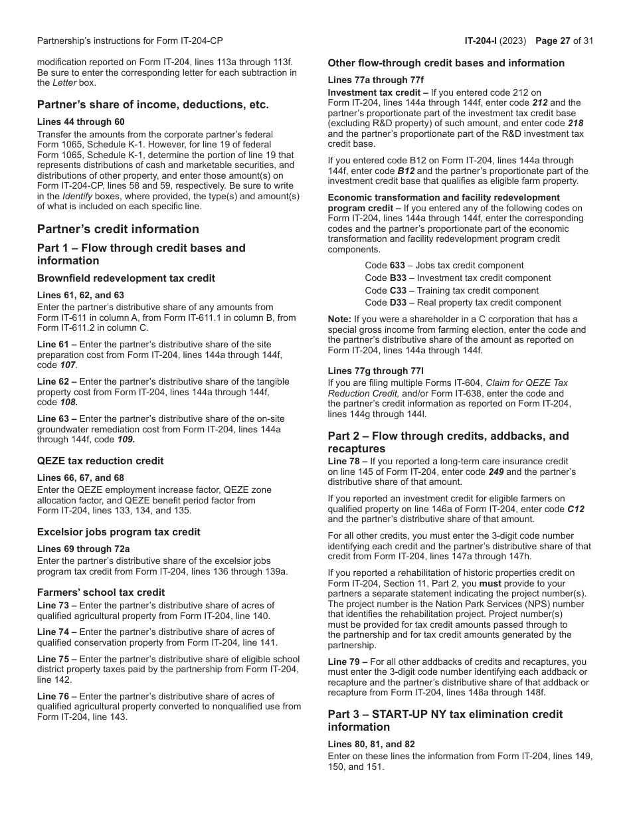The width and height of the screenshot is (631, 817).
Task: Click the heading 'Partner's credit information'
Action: pos(118,229)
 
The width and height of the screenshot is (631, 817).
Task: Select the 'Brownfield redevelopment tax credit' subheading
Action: pos(126,278)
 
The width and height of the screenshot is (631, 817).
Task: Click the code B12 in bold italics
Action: pos(406,171)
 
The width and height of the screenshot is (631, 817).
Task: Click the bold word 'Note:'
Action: pos(339,319)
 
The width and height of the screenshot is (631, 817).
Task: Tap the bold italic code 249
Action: pos(497,472)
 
